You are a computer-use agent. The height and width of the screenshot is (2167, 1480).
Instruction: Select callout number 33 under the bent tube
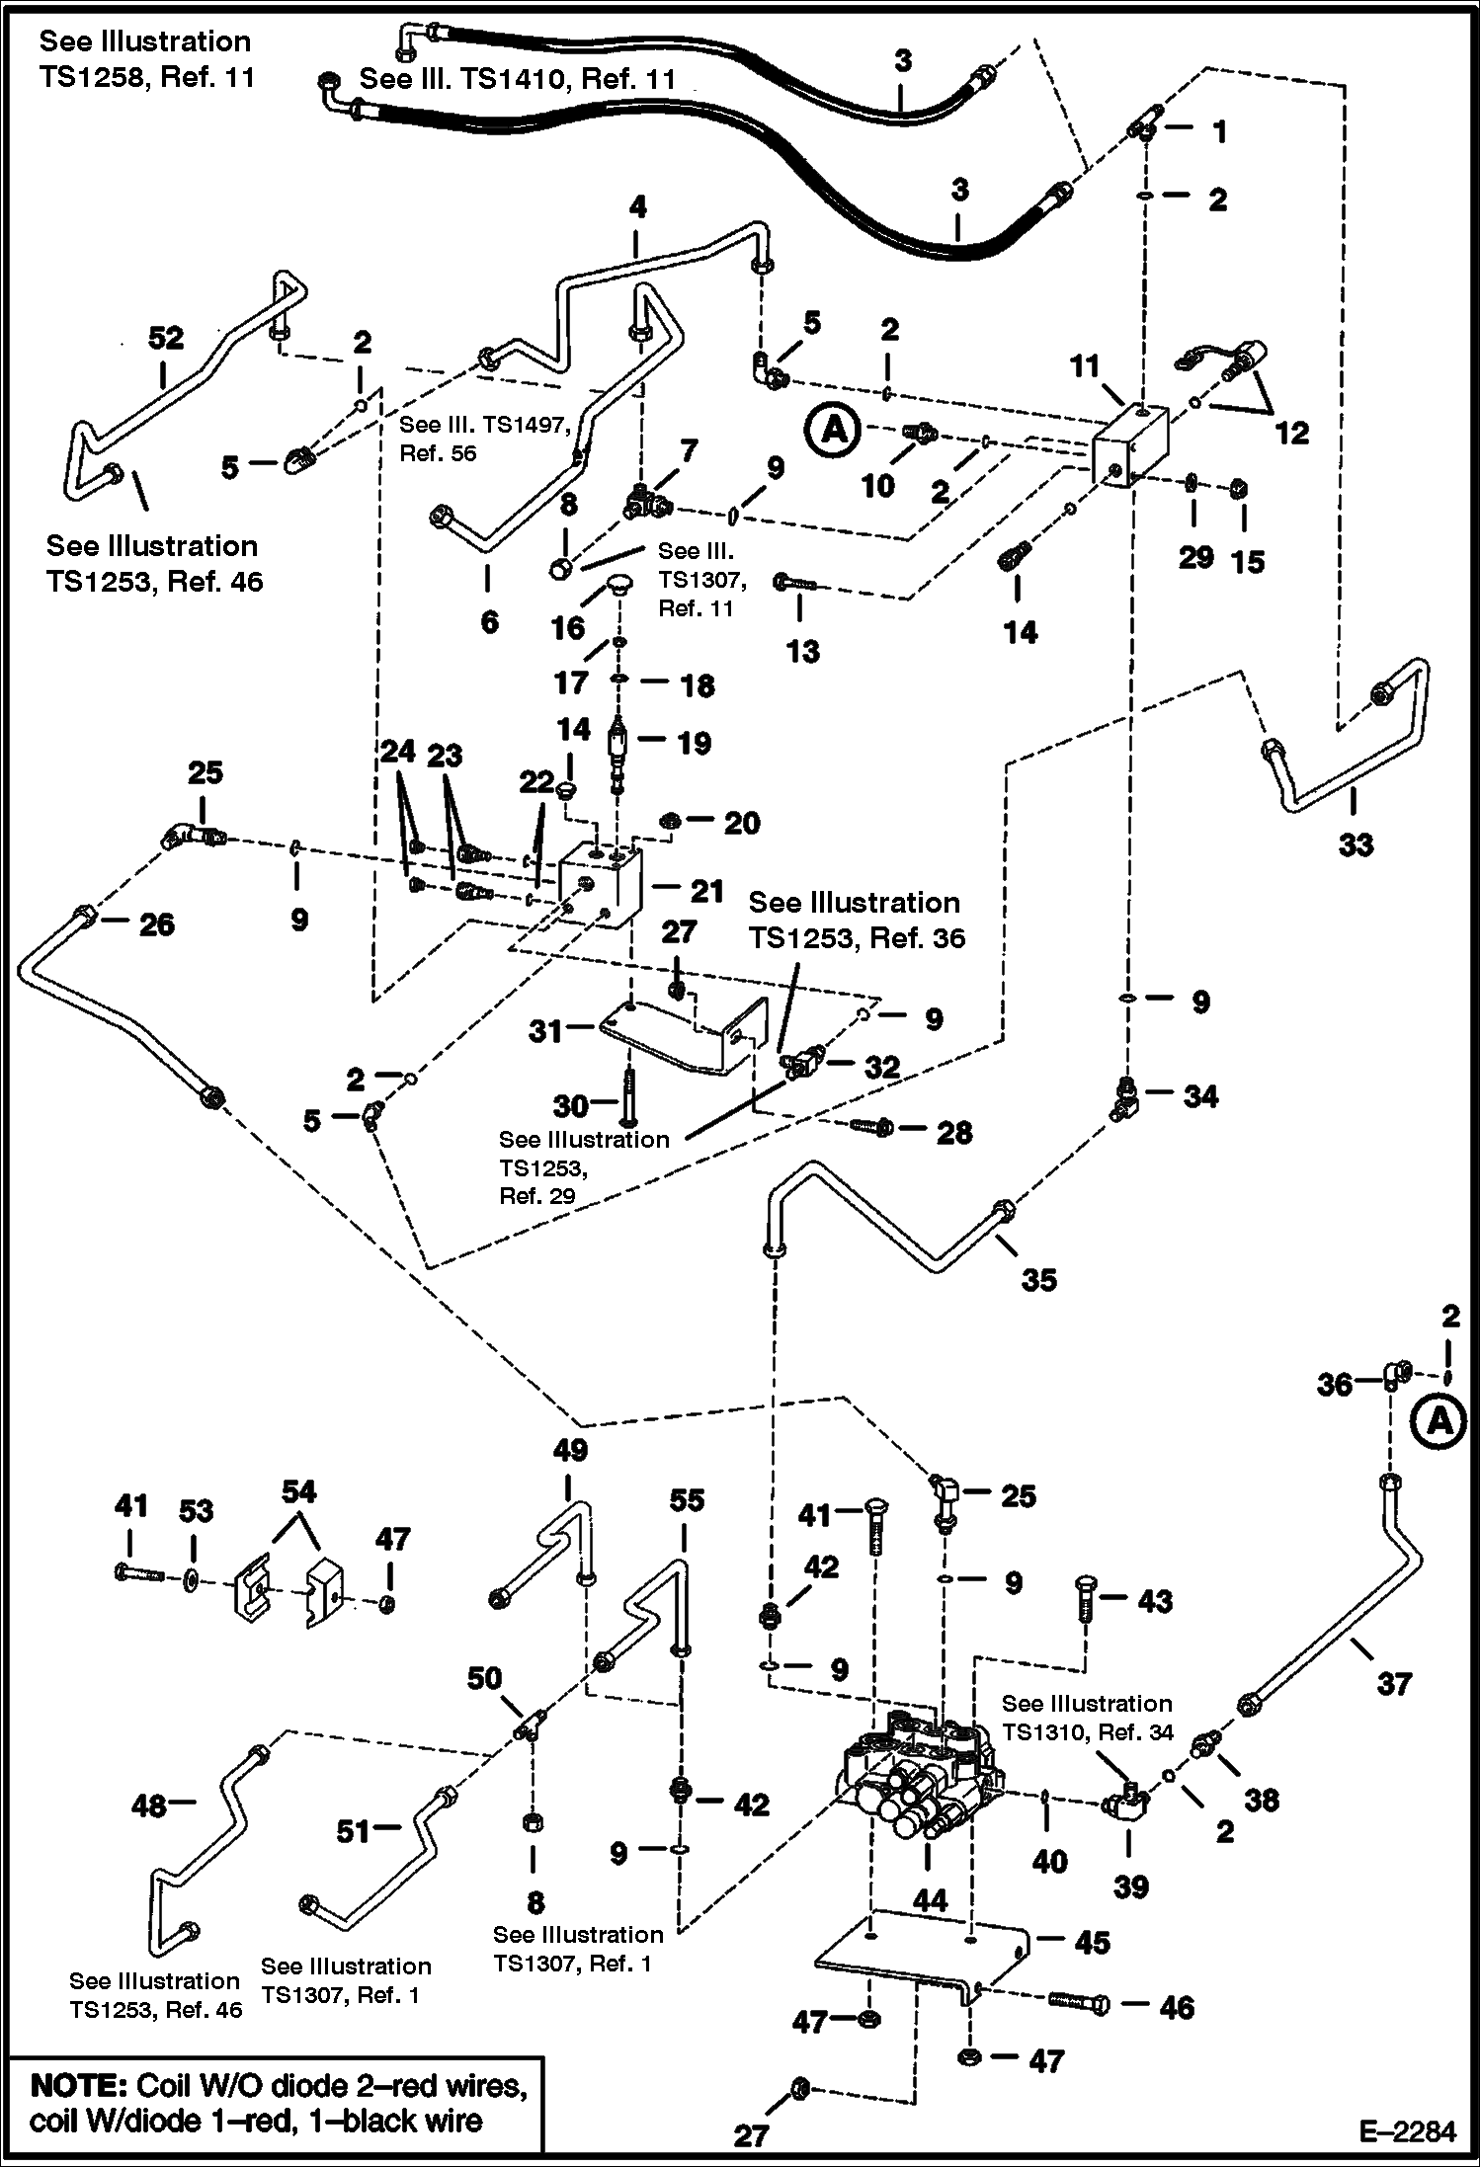(1356, 844)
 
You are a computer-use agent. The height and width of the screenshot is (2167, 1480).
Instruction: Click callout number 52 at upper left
(166, 339)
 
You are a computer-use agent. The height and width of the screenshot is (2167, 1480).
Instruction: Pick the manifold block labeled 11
(1131, 449)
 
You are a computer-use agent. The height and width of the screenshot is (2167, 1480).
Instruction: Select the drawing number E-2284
(1407, 2131)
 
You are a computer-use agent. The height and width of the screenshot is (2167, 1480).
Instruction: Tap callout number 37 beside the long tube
(1394, 1683)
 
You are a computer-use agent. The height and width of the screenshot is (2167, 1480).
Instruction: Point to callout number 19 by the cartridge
(694, 743)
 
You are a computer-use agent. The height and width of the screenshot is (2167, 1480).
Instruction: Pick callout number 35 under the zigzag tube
(1038, 1279)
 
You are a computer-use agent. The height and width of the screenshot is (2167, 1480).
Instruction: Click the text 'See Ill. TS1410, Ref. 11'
(517, 79)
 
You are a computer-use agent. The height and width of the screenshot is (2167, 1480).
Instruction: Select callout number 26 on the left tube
(156, 924)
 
